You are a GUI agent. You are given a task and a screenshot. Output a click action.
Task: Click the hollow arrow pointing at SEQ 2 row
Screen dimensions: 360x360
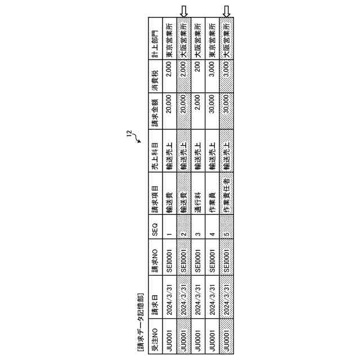[x=183, y=11]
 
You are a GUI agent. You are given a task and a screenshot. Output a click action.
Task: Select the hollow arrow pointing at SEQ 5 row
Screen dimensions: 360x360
[x=227, y=11]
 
